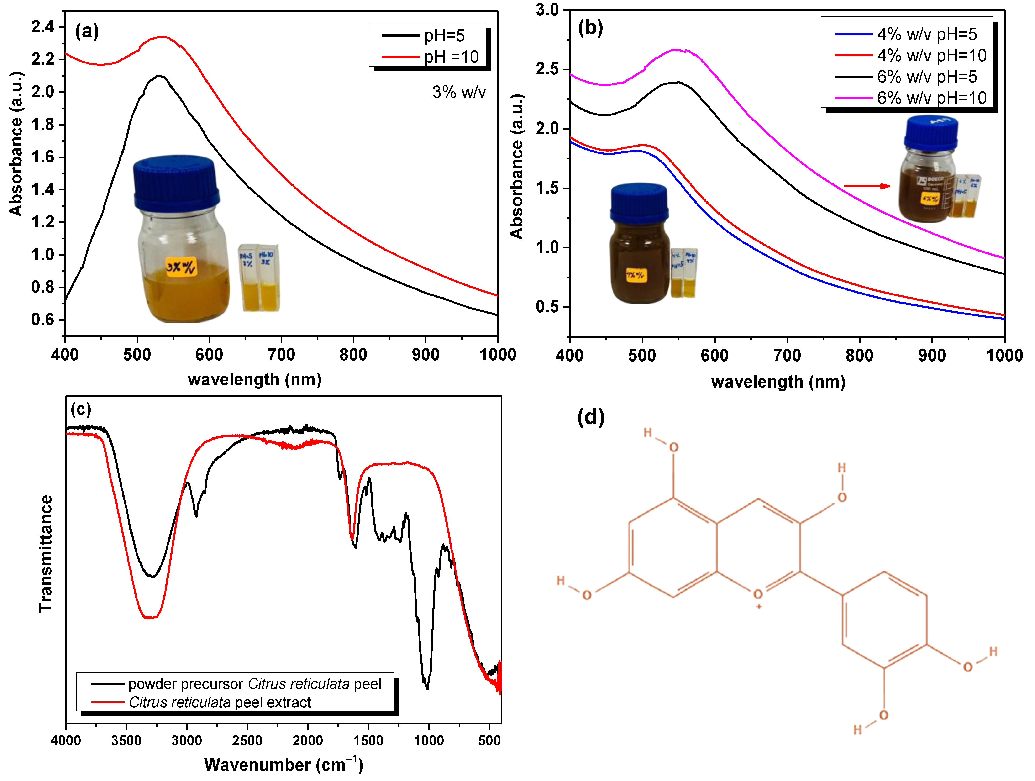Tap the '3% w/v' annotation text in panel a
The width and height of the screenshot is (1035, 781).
pos(458,92)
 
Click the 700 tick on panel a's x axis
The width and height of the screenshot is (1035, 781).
pos(281,355)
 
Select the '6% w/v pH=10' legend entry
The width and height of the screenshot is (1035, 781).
pos(931,98)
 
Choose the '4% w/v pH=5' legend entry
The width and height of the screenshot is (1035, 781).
pos(926,34)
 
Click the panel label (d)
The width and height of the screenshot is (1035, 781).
pos(590,416)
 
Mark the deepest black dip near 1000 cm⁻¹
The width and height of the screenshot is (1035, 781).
pos(427,688)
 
